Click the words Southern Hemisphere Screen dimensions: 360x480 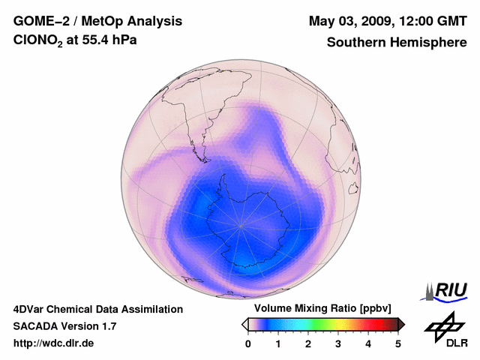tap(397, 42)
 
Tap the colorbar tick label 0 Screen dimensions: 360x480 tap(248, 343)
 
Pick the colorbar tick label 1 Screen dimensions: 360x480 tap(278, 343)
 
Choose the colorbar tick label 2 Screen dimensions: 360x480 tap(308, 343)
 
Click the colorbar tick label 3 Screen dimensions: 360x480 tap(338, 343)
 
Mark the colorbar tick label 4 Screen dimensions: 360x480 tap(368, 343)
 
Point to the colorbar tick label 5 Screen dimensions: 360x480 tap(398, 343)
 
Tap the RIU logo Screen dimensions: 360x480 tap(446, 290)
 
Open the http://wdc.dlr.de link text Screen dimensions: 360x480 tap(54, 343)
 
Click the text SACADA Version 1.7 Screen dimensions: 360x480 tap(64, 326)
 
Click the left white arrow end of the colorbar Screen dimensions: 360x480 tap(245, 324)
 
